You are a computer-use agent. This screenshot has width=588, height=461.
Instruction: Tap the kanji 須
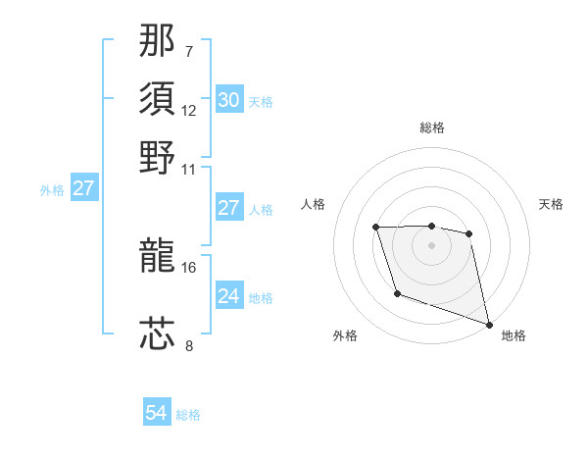pos(158,98)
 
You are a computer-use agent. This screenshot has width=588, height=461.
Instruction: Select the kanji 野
pos(158,157)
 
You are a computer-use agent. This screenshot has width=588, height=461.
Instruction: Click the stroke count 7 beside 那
pos(189,50)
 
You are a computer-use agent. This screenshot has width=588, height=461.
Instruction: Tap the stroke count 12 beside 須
pos(189,110)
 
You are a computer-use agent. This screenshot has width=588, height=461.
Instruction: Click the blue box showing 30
pos(228,99)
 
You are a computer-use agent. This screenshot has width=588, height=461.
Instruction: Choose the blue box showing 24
pos(228,296)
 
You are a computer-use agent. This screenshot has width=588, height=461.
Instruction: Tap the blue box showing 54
pos(156,413)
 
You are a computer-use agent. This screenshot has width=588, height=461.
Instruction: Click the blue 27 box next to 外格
pos(83,188)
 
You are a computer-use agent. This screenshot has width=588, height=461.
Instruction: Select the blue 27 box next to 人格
pos(228,208)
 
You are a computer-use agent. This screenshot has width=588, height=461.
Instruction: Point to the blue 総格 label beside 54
pos(188,415)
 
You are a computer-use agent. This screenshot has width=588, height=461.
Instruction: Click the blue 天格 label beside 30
pos(261,101)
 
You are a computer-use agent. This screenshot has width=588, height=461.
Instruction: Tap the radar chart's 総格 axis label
pos(432,128)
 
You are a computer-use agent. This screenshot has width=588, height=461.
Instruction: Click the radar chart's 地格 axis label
pos(514,335)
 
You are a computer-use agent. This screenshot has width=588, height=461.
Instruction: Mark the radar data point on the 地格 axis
pos(490,324)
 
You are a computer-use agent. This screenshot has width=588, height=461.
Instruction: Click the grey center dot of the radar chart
pos(432,245)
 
